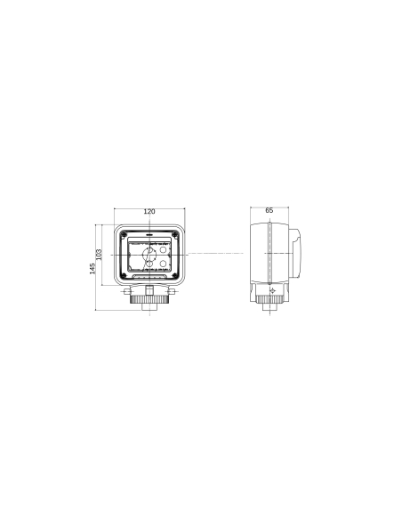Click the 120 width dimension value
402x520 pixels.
pos(149,212)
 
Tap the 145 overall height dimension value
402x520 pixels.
pos(92,268)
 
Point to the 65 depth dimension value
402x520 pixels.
pos(269,210)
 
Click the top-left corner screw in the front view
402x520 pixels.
pos(124,234)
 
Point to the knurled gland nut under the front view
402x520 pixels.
pos(149,300)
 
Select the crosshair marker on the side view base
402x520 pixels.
pos(272,290)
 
